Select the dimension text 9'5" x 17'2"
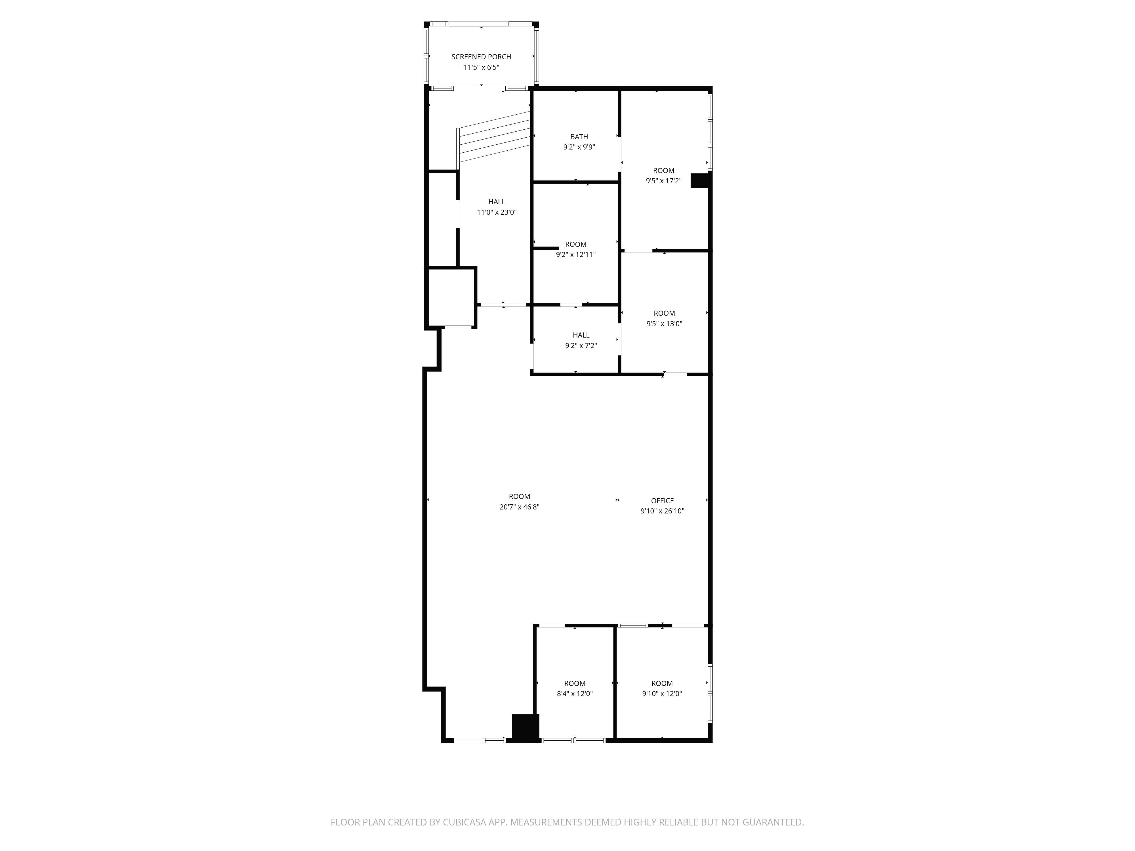(663, 181)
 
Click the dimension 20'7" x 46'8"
(519, 507)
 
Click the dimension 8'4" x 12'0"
(575, 694)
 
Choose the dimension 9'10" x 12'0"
(662, 694)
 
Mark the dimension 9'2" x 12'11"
(576, 254)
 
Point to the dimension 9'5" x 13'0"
(664, 324)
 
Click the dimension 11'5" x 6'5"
(481, 67)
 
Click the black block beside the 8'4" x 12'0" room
(526, 727)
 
